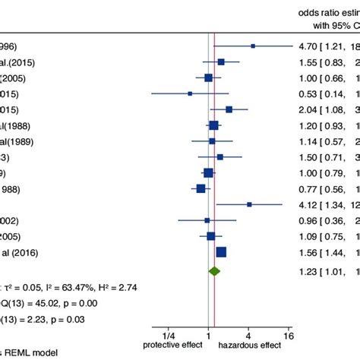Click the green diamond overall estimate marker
pyautogui.click(x=214, y=292)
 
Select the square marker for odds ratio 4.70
pyautogui.click(x=253, y=46)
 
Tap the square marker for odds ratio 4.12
pyautogui.click(x=249, y=204)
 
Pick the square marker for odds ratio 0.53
pyautogui.click(x=190, y=93)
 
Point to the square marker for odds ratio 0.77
pyautogui.click(x=201, y=188)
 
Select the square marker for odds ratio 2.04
pyautogui.click(x=229, y=109)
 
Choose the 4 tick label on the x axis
pyautogui.click(x=248, y=335)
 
